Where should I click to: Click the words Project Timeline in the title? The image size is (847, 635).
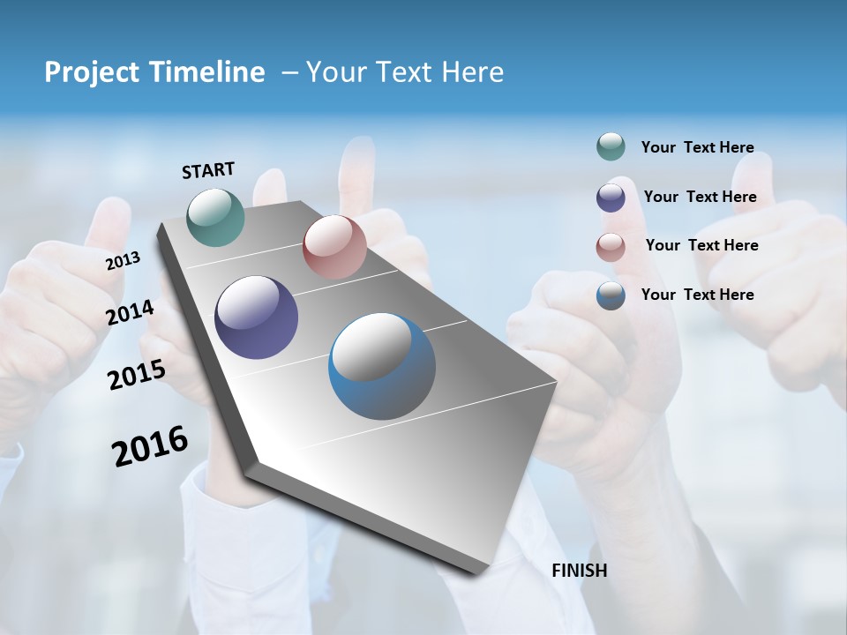(154, 72)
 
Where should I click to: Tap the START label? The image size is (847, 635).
(208, 170)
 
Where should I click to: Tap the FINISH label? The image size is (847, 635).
(579, 571)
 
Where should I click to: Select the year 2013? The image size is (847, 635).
(123, 261)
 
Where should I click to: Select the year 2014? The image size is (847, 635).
(130, 313)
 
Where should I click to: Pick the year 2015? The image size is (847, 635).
(136, 375)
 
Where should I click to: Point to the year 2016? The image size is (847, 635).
(149, 445)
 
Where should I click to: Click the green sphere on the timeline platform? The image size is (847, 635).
(215, 217)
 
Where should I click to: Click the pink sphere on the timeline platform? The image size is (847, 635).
(334, 247)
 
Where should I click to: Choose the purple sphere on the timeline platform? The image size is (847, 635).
(256, 317)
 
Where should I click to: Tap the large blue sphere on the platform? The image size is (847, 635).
(382, 366)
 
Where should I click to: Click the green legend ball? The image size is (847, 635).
(611, 146)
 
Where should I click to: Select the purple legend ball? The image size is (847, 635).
(611, 197)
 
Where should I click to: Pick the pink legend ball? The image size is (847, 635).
(611, 246)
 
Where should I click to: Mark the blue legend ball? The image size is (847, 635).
(611, 295)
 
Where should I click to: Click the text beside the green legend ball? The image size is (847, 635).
(697, 147)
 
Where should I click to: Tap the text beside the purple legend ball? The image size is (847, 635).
(700, 197)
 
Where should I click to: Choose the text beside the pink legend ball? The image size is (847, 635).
(701, 245)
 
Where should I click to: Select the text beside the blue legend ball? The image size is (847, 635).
(697, 295)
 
